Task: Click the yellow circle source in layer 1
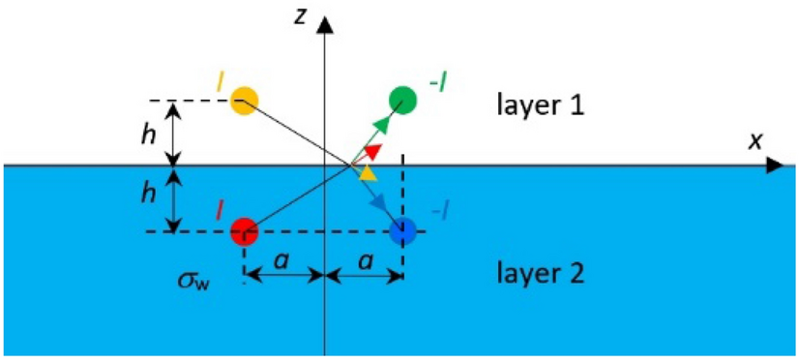245,101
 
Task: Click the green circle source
402,99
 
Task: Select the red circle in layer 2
244,231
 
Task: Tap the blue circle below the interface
403,231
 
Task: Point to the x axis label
756,141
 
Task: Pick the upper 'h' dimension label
147,135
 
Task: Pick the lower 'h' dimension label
147,193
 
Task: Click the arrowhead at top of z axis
325,18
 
